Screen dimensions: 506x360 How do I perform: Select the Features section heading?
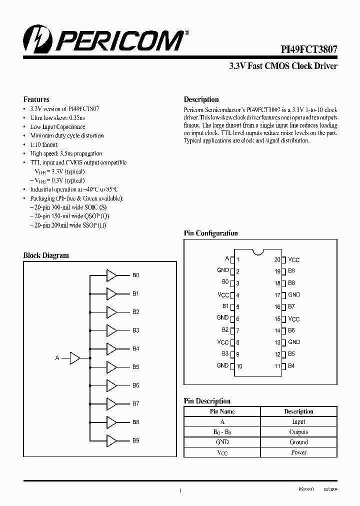click(36, 99)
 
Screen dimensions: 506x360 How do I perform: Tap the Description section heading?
click(201, 99)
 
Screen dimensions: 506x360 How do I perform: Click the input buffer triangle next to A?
click(74, 358)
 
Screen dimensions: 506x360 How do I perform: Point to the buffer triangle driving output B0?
click(111, 275)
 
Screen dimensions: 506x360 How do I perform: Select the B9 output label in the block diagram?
click(136, 440)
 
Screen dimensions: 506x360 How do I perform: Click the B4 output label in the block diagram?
click(136, 348)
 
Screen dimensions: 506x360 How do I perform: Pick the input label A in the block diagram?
click(57, 358)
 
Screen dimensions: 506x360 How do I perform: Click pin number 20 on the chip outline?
click(277, 260)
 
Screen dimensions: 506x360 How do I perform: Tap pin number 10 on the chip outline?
click(239, 366)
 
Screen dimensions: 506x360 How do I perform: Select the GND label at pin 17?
click(294, 295)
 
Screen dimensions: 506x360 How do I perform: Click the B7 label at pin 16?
click(291, 306)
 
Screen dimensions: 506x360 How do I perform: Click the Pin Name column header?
click(222, 411)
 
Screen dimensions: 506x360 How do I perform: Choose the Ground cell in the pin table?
click(298, 442)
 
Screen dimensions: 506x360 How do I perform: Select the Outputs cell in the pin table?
click(298, 432)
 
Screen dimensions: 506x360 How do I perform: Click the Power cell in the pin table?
click(298, 452)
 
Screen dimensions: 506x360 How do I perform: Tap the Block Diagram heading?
click(46, 255)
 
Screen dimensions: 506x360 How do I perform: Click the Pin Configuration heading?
click(211, 233)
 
